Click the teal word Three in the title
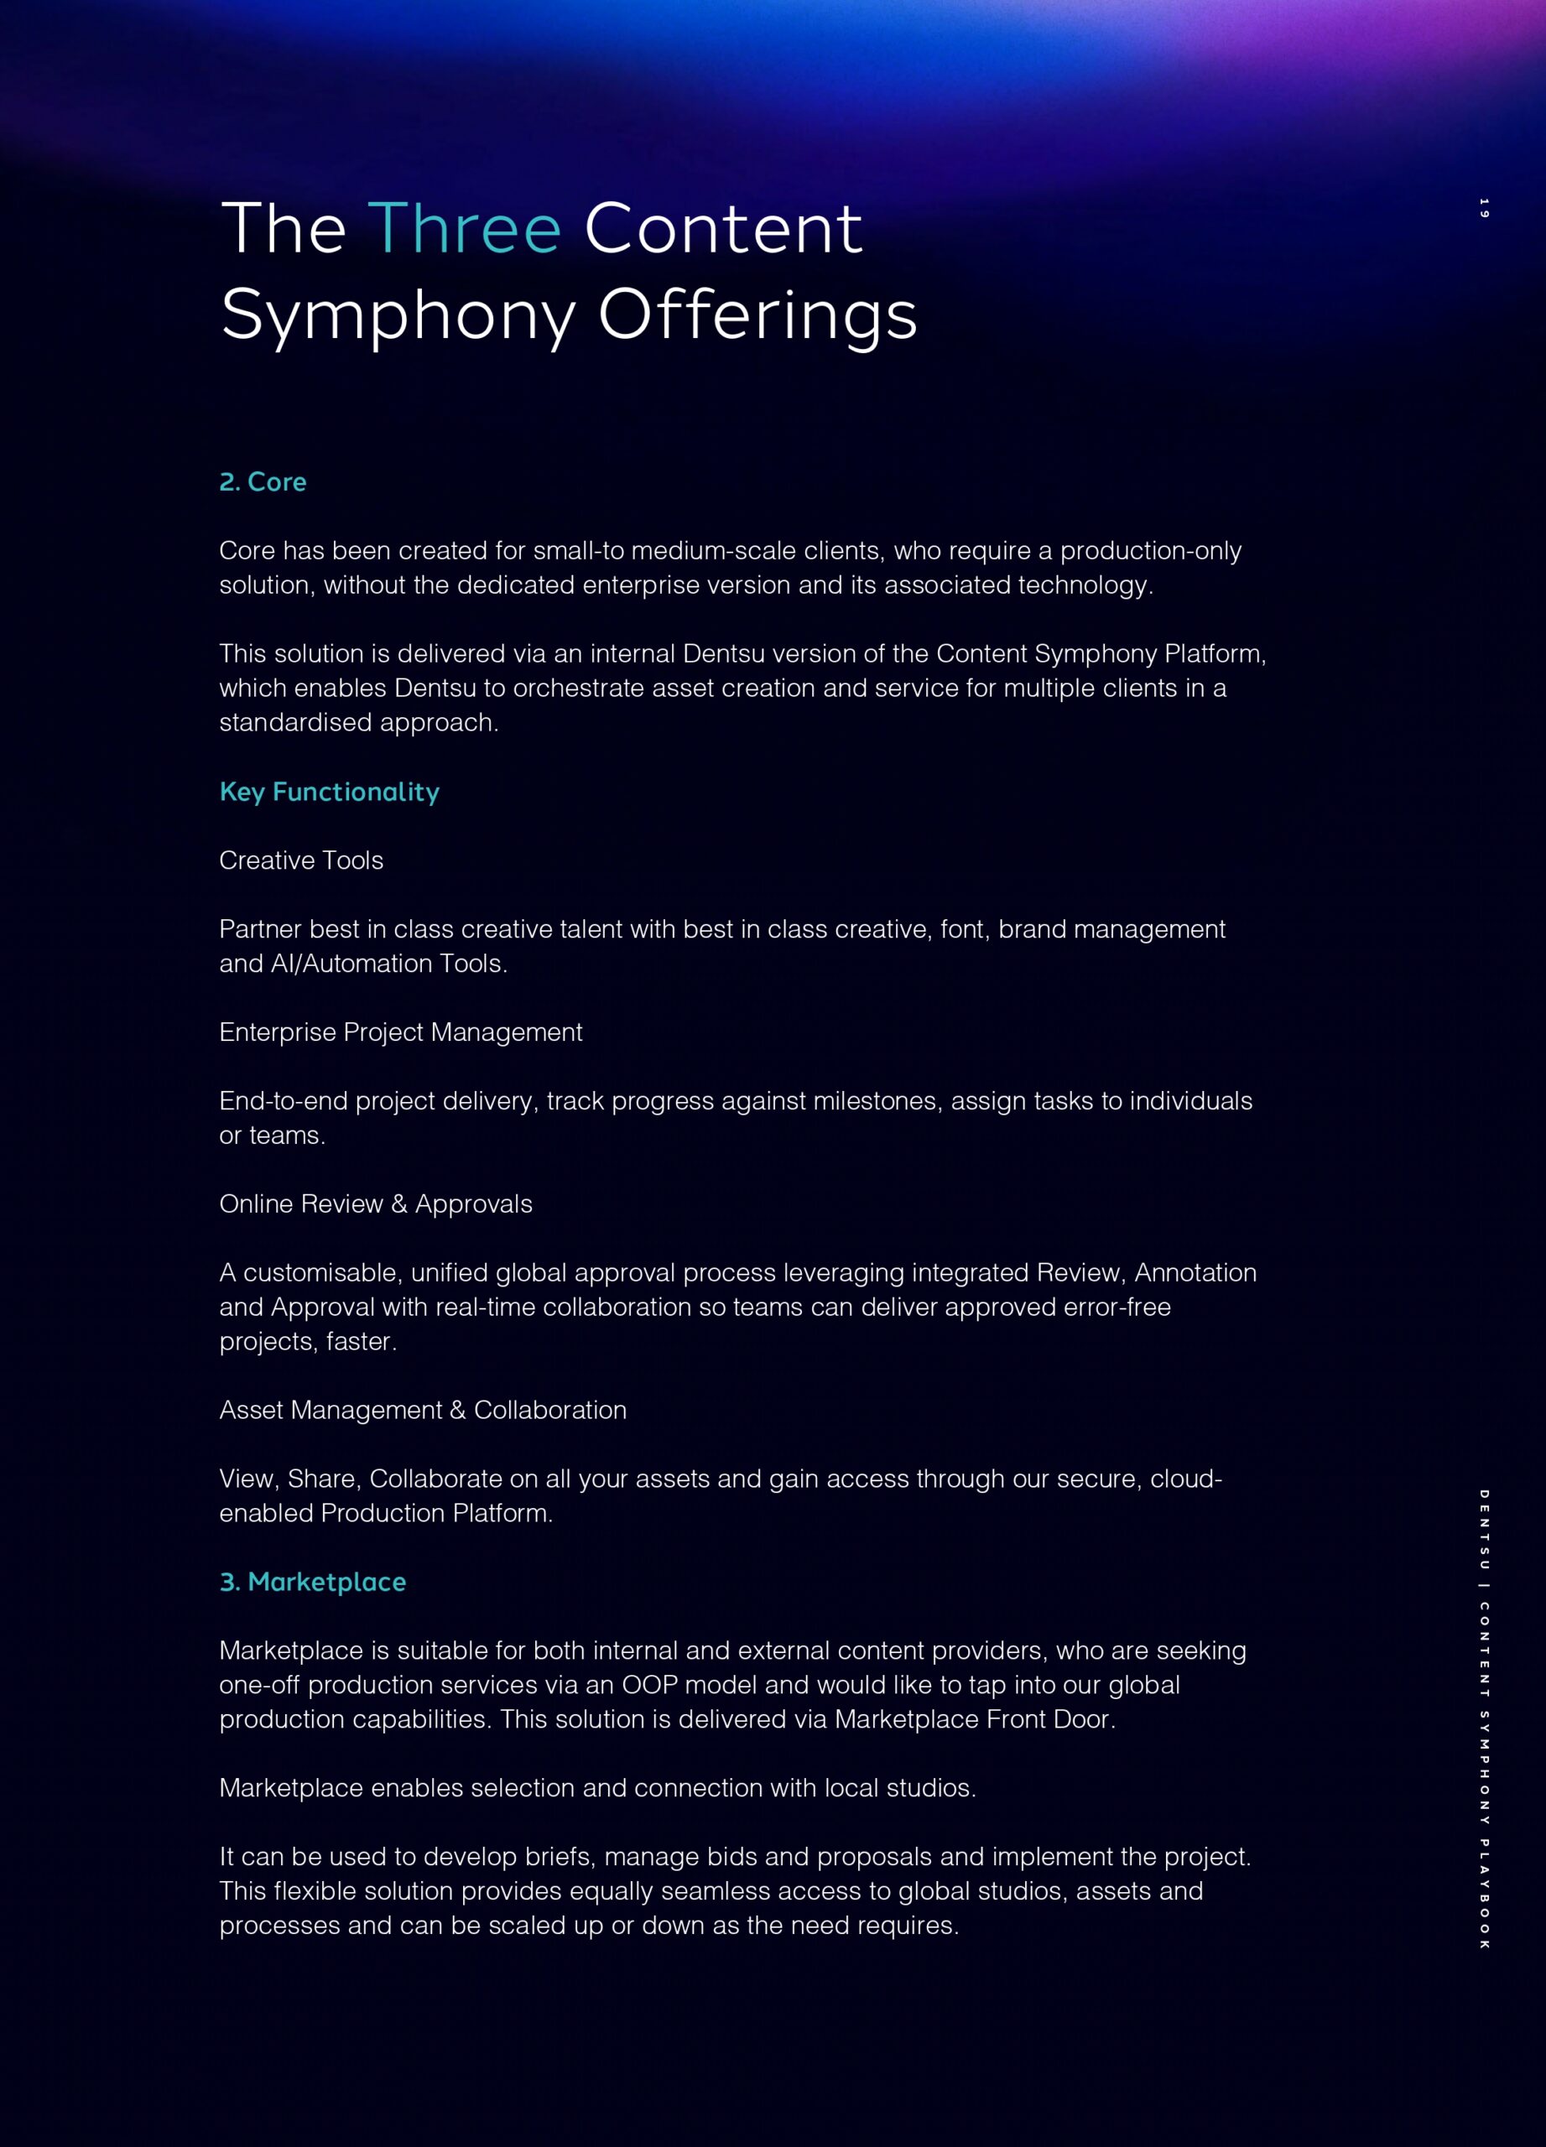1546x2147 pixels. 464,229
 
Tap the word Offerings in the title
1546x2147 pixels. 757,315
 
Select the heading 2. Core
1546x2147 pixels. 263,482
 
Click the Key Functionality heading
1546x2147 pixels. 330,792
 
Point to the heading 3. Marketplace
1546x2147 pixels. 312,1582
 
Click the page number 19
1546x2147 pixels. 1485,208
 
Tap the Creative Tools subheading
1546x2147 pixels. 301,860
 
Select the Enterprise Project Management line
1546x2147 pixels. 400,1032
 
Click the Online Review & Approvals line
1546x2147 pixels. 376,1204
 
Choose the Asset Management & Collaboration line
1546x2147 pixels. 422,1410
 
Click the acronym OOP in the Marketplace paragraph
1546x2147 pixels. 649,1685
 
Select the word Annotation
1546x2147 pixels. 1195,1273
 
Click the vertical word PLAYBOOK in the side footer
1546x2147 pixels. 1485,1893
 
